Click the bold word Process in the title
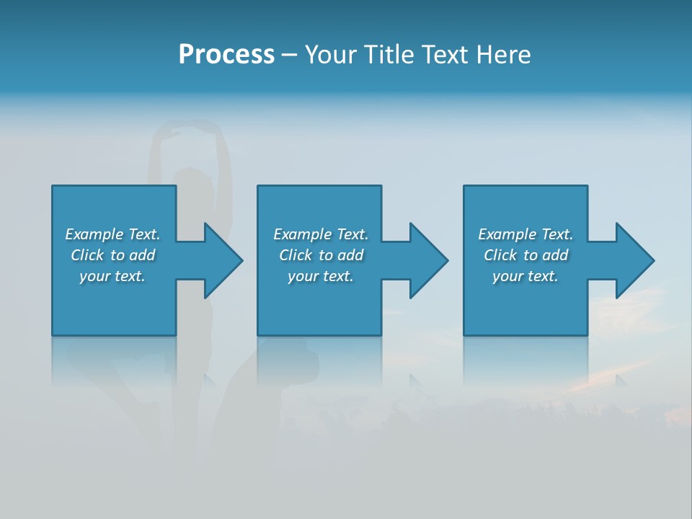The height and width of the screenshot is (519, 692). pyautogui.click(x=226, y=55)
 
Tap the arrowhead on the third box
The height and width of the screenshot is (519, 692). pyautogui.click(x=634, y=260)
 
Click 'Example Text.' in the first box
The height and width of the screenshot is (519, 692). pyautogui.click(x=112, y=234)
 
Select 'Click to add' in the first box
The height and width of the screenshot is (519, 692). pyautogui.click(x=112, y=255)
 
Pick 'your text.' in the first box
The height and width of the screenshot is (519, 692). pyautogui.click(x=112, y=276)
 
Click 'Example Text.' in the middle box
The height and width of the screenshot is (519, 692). pyautogui.click(x=320, y=234)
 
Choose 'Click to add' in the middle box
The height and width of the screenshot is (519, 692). pyautogui.click(x=320, y=255)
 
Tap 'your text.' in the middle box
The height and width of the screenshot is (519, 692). pyautogui.click(x=320, y=276)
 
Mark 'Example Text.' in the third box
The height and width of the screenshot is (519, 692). pyautogui.click(x=525, y=234)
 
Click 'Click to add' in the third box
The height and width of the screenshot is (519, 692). pyautogui.click(x=525, y=255)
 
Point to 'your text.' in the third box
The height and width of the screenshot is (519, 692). pyautogui.click(x=525, y=276)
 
